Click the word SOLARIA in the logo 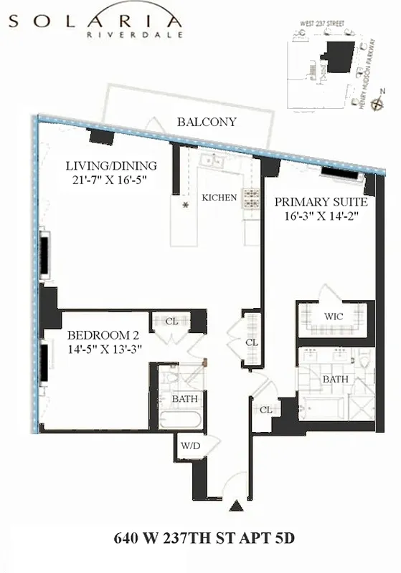[95, 21]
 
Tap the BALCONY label [207, 122]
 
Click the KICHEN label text [219, 198]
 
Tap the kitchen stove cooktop [252, 198]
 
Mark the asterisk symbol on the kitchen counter [186, 206]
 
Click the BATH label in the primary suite [335, 379]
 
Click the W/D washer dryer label [191, 446]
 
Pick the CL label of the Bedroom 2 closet [171, 322]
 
